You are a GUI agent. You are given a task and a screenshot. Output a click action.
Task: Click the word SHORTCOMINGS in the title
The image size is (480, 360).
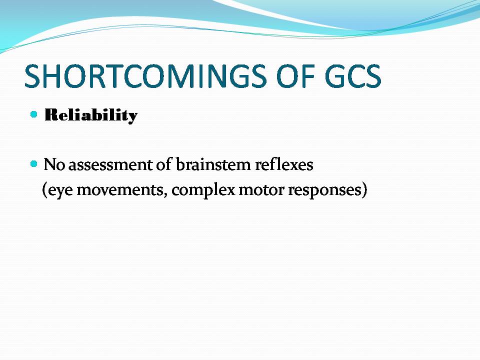(x=145, y=76)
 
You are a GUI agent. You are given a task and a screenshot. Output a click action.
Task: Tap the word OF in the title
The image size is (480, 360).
(x=296, y=76)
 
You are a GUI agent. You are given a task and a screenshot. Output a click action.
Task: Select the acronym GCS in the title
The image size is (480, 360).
(x=353, y=76)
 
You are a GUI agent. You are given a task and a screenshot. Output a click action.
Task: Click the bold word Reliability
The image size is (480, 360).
(x=91, y=115)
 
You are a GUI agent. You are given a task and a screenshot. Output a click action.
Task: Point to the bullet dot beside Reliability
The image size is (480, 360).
(x=34, y=114)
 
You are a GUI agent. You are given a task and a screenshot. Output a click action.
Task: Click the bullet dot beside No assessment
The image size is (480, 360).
(x=34, y=164)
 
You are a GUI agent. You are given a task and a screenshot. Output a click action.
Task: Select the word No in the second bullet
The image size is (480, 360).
(x=54, y=164)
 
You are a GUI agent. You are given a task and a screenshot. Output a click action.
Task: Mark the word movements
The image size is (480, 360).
(x=120, y=190)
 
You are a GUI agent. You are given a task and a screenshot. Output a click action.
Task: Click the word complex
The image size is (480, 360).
(x=203, y=190)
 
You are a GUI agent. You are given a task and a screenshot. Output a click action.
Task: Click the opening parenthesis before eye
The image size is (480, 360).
(x=44, y=190)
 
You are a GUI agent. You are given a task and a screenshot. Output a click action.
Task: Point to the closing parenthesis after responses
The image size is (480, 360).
(x=364, y=190)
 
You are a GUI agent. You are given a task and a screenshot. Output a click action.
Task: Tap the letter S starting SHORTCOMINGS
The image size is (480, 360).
(x=32, y=76)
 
